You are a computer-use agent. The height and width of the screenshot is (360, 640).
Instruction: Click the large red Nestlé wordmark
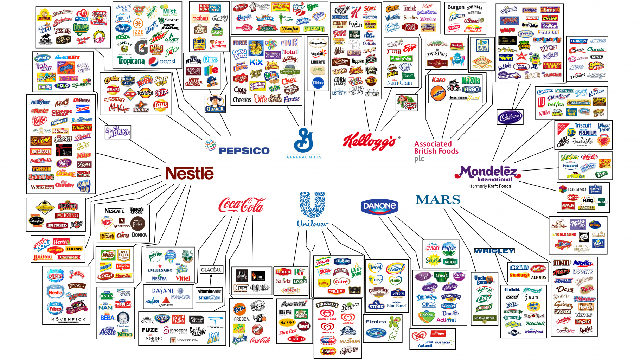(x=190, y=173)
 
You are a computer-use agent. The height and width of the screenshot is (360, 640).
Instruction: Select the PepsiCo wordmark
(x=244, y=151)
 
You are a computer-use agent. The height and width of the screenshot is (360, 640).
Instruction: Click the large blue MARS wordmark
(x=438, y=200)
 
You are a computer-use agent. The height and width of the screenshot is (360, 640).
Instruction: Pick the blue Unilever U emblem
(x=312, y=204)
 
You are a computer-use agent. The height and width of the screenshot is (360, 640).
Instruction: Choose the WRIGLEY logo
(x=494, y=251)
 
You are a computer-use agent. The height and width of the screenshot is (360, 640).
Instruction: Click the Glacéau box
(x=212, y=270)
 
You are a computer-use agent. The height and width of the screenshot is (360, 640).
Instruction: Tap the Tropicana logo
(x=131, y=61)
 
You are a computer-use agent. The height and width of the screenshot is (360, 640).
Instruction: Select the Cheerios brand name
(x=242, y=100)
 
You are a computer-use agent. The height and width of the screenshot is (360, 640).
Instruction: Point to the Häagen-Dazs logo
(x=318, y=44)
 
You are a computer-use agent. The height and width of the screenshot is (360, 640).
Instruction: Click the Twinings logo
(x=437, y=54)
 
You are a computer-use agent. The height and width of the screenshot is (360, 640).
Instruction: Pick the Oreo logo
(x=545, y=91)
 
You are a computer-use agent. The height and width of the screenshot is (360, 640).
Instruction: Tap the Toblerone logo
(x=565, y=234)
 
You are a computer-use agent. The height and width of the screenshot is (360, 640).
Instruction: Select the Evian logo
(x=432, y=248)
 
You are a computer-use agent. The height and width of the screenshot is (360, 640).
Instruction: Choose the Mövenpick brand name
(x=68, y=319)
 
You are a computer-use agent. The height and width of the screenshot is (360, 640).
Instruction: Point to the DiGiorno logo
(x=67, y=216)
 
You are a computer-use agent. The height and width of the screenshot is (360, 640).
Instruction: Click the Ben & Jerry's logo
(x=327, y=305)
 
